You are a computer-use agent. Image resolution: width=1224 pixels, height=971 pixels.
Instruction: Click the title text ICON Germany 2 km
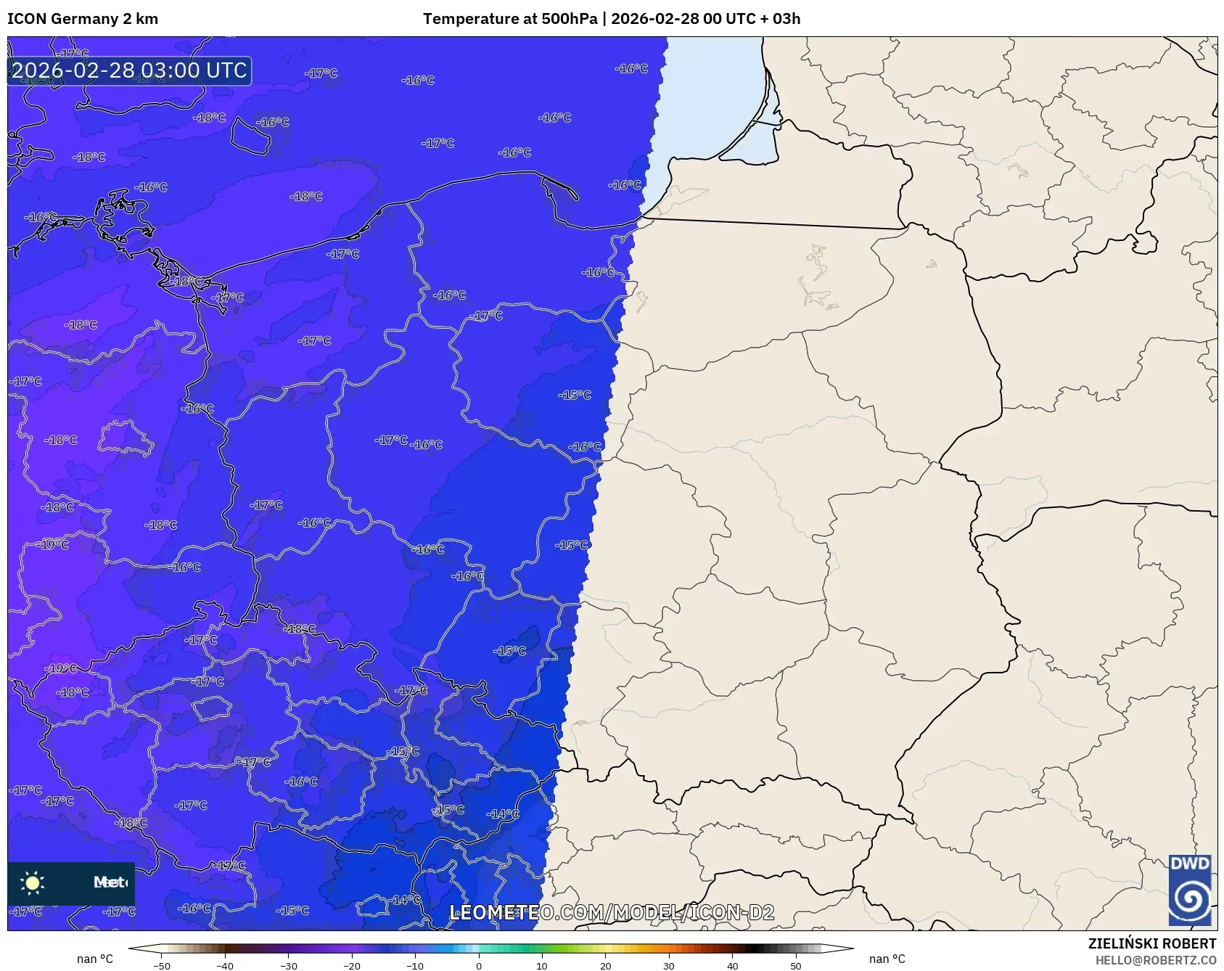tap(83, 19)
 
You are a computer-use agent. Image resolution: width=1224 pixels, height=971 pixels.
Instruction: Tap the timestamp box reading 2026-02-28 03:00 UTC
tap(129, 70)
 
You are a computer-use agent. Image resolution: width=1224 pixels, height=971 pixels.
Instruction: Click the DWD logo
tap(1190, 890)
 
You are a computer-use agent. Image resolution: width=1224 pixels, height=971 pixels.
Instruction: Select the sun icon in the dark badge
tap(33, 882)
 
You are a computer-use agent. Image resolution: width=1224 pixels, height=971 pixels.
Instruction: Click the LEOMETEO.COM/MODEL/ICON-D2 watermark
tap(612, 912)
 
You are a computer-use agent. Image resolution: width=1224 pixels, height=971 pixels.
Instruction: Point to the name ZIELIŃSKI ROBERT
tap(1151, 943)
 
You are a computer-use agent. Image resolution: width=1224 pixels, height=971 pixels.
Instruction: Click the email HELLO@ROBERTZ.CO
tap(1155, 960)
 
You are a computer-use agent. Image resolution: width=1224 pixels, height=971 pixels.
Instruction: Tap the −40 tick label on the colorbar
tap(225, 966)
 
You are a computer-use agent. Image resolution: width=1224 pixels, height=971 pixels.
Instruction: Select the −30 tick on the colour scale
tap(288, 966)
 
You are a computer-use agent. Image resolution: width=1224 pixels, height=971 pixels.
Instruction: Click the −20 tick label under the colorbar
tap(351, 966)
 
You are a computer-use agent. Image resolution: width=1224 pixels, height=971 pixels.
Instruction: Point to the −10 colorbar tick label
tap(414, 966)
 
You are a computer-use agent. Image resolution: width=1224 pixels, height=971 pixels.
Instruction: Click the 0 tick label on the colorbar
tap(479, 966)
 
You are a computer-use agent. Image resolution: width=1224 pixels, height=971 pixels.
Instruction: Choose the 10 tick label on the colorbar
tap(542, 966)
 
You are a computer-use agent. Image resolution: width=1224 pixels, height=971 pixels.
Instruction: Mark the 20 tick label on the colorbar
tap(605, 966)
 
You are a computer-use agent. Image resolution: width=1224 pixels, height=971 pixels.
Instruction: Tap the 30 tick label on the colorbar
tap(669, 966)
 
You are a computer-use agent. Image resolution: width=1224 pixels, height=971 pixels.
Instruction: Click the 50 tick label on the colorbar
tap(796, 966)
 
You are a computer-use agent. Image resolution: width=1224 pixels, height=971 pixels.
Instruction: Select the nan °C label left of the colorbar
tap(95, 959)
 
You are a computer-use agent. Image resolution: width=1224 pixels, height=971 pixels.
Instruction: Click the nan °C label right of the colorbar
tap(887, 959)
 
